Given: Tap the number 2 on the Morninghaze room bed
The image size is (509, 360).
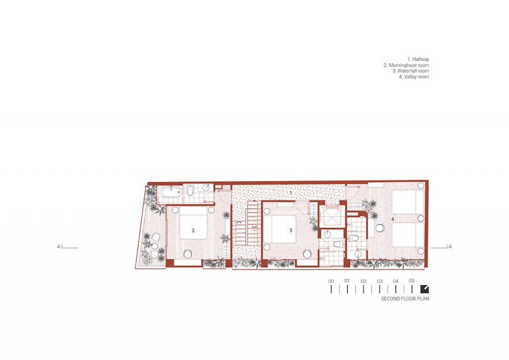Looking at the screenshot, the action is click(193, 231).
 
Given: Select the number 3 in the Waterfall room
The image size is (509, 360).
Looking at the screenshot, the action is click(290, 231).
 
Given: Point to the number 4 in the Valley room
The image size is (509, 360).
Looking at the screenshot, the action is click(393, 219).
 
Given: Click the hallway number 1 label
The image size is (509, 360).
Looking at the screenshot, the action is click(290, 193).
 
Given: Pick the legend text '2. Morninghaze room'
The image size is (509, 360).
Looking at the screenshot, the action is click(406, 65).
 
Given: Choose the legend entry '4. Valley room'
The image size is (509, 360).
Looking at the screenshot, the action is click(414, 77).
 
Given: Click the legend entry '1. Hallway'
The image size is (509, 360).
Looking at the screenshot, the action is click(418, 59).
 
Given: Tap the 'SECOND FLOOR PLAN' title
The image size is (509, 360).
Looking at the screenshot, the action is click(405, 299).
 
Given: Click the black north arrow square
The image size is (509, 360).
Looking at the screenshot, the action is click(424, 289).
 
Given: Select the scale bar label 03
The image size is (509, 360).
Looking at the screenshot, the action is click(380, 281).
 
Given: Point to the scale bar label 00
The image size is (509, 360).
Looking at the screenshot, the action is click(331, 281).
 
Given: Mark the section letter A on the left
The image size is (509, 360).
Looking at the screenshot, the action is click(59, 247).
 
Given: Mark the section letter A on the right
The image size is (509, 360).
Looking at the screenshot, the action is click(450, 247).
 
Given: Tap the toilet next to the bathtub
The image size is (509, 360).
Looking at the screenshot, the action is click(190, 190).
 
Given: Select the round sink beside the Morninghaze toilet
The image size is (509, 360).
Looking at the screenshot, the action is click(206, 187).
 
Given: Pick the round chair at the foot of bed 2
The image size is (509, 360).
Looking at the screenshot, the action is click(187, 254).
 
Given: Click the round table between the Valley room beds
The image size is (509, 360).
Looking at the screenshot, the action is click(380, 228).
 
